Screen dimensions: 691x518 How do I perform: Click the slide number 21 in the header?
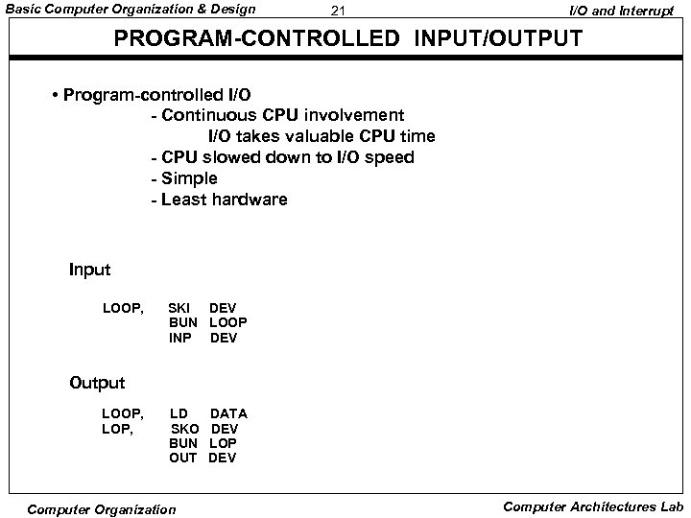coord(336,12)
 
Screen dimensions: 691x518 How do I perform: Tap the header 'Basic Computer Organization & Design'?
coord(131,10)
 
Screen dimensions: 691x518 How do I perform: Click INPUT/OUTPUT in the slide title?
coord(500,40)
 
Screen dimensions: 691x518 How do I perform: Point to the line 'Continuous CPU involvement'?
coord(276,116)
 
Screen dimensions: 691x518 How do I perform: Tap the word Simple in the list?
coord(190,178)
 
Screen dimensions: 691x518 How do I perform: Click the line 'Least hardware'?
coord(224,200)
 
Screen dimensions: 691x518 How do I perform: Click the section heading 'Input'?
coord(90,271)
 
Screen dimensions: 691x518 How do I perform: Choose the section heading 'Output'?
coord(97,383)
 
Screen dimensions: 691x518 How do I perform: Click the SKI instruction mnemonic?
coord(179,308)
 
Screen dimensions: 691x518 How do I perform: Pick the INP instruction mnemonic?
coord(180,338)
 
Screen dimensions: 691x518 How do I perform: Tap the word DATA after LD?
coord(228,413)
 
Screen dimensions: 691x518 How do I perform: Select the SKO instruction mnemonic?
coord(184,428)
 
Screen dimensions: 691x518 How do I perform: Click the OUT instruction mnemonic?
coord(182,458)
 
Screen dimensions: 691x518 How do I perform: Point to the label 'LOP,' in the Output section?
coord(118,428)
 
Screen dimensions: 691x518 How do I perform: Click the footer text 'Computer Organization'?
coord(102,509)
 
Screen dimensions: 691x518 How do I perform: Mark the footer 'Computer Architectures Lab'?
coord(593,506)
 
